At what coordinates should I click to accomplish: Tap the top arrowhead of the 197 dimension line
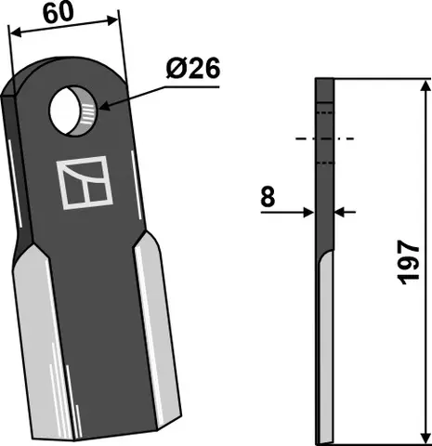(425, 86)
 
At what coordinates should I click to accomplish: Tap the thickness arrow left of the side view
(309, 213)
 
